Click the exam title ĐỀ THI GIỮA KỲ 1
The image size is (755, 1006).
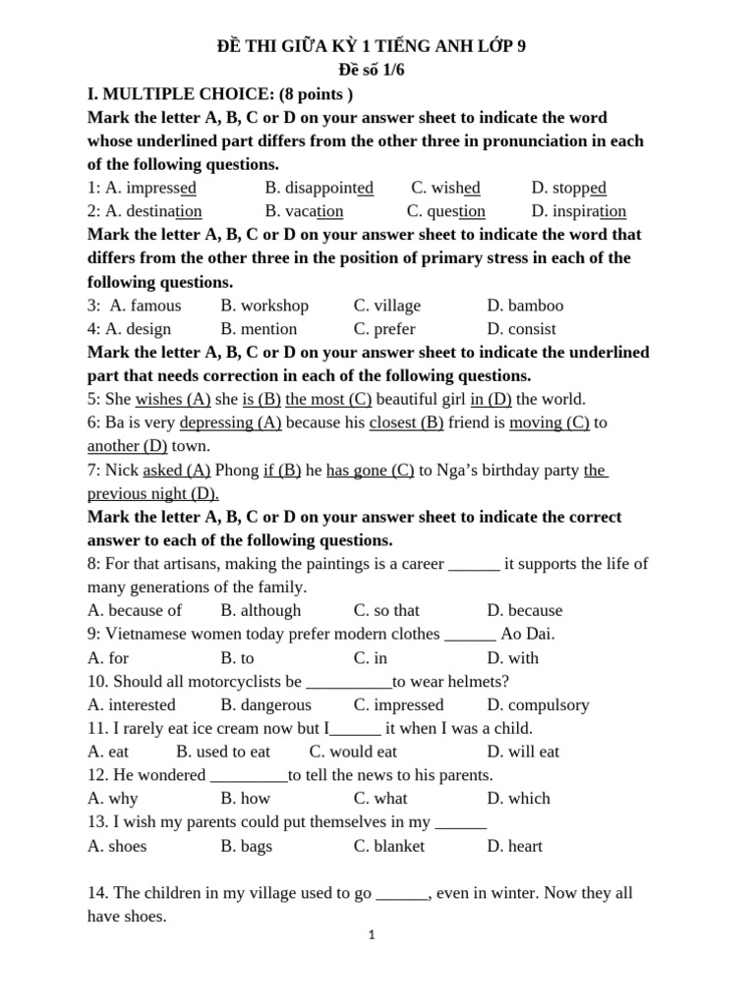(371, 46)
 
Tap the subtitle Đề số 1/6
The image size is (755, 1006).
(371, 70)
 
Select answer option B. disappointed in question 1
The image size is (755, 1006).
(319, 188)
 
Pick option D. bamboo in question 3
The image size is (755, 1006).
(525, 306)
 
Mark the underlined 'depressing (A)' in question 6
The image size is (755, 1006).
(230, 422)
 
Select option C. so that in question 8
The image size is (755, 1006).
(386, 610)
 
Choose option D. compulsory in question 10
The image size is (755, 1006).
(538, 704)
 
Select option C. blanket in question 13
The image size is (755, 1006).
(389, 846)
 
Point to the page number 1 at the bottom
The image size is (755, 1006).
(372, 935)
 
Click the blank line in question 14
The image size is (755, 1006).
(402, 894)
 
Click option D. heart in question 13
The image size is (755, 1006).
(514, 846)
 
